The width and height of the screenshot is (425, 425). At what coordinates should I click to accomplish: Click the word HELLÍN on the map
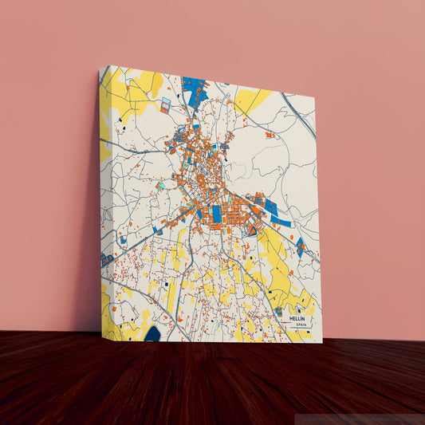pos(299,317)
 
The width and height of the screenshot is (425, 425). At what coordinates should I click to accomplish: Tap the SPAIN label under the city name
pos(300,325)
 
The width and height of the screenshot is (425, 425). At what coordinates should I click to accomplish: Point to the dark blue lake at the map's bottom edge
pos(152,334)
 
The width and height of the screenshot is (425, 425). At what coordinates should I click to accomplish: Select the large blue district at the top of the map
pos(194,88)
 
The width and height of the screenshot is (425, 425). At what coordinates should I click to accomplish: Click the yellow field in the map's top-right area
pos(254,100)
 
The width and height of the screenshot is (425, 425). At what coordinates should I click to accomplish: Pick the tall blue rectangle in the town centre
pos(216,214)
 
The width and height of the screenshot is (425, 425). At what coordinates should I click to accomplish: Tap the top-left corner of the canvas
pos(100,67)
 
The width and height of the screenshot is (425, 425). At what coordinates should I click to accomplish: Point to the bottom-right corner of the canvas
pos(322,342)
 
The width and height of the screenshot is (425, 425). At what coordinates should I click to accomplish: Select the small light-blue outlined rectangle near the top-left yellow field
pos(165,104)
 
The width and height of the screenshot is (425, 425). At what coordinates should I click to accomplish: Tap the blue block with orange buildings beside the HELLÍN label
pos(279,312)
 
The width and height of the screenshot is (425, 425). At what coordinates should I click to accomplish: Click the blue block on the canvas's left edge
pos(105,260)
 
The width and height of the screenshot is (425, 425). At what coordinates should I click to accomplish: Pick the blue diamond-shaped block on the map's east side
pos(300,246)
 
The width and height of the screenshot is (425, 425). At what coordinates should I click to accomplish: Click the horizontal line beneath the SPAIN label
pos(300,329)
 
